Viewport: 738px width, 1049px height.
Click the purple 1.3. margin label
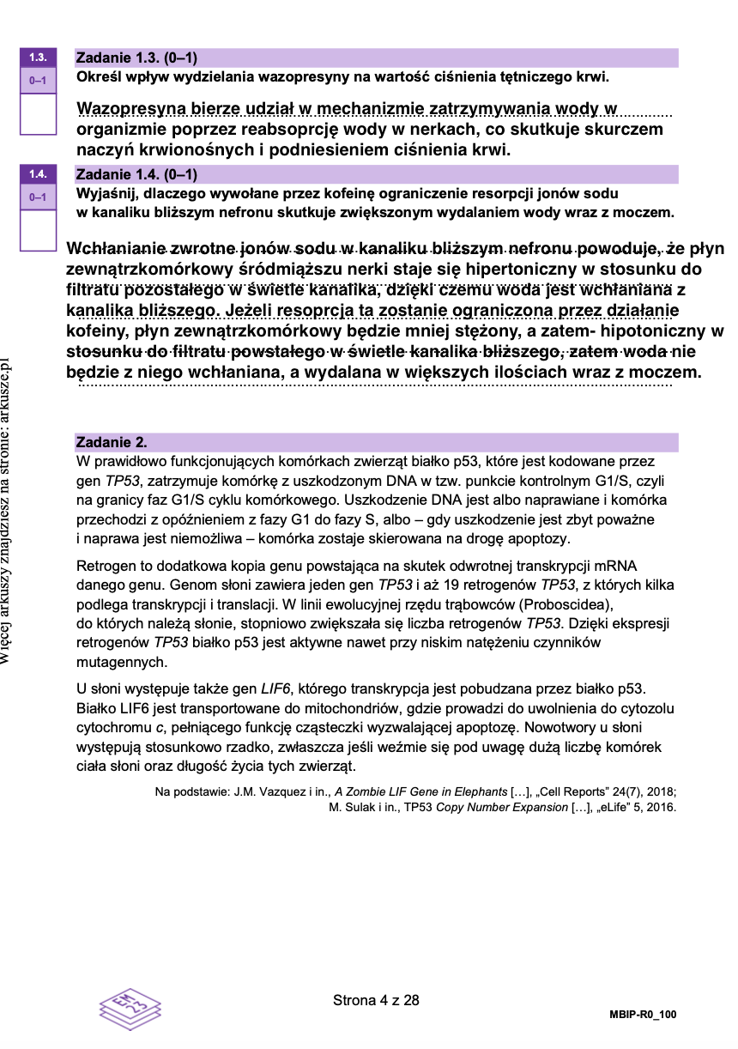tap(38, 58)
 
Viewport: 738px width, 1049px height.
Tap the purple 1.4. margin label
tap(38, 173)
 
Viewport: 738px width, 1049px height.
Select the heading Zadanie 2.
tap(112, 443)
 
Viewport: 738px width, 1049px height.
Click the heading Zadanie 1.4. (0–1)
tap(137, 174)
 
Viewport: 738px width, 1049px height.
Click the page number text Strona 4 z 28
tap(376, 1000)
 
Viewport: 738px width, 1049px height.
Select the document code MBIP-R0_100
tap(644, 1015)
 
